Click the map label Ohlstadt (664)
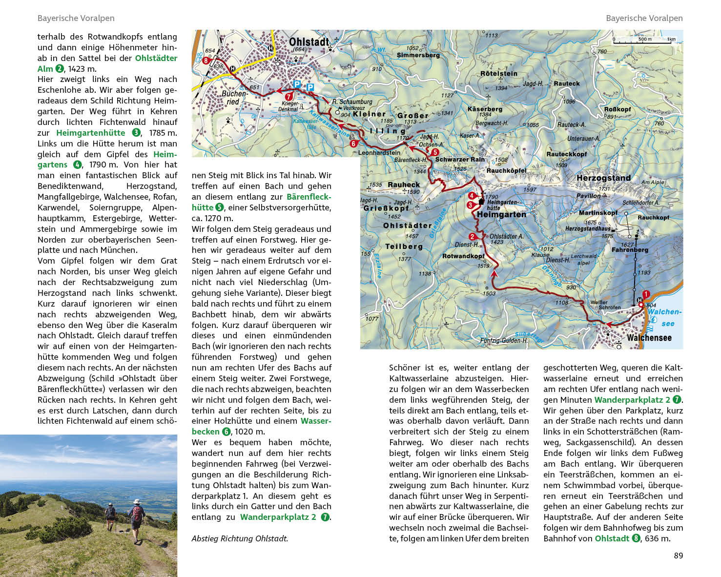(309, 43)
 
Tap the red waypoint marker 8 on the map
(206, 61)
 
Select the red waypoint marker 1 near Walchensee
(646, 294)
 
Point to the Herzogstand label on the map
(603, 178)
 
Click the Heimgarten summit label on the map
(501, 214)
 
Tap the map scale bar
(644, 41)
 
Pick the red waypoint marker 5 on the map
(435, 152)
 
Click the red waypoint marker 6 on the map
(353, 144)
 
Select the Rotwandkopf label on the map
(463, 256)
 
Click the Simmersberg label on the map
(418, 55)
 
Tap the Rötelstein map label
(498, 74)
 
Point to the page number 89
(678, 556)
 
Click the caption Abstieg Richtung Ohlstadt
(240, 538)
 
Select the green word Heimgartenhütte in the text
(91, 133)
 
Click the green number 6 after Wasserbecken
(226, 432)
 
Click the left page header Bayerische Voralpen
(76, 18)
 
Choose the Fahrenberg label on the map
(630, 250)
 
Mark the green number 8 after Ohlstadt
(636, 538)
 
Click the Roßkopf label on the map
(618, 109)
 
